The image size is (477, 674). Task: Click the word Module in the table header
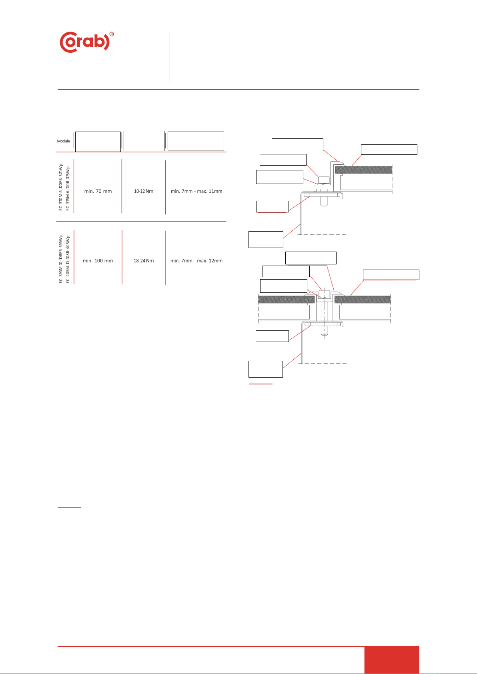(63, 141)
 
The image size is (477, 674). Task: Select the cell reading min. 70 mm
(98, 191)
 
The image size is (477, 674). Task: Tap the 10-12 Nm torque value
(144, 191)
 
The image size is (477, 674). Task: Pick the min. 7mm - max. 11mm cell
(196, 191)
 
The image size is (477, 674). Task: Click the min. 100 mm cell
(98, 261)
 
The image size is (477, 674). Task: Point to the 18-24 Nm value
(144, 261)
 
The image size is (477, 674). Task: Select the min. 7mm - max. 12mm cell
(196, 261)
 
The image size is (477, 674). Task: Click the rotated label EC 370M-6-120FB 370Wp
(61, 187)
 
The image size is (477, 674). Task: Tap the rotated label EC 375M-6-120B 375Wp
(68, 187)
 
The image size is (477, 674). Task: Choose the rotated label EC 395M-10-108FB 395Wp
(61, 259)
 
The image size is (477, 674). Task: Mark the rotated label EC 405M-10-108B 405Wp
(68, 259)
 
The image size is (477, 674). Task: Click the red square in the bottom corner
(391, 660)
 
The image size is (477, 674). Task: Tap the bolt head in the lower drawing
(325, 294)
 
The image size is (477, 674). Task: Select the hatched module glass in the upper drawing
(363, 170)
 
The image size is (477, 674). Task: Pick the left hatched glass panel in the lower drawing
(286, 299)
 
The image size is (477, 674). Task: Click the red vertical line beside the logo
(170, 57)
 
